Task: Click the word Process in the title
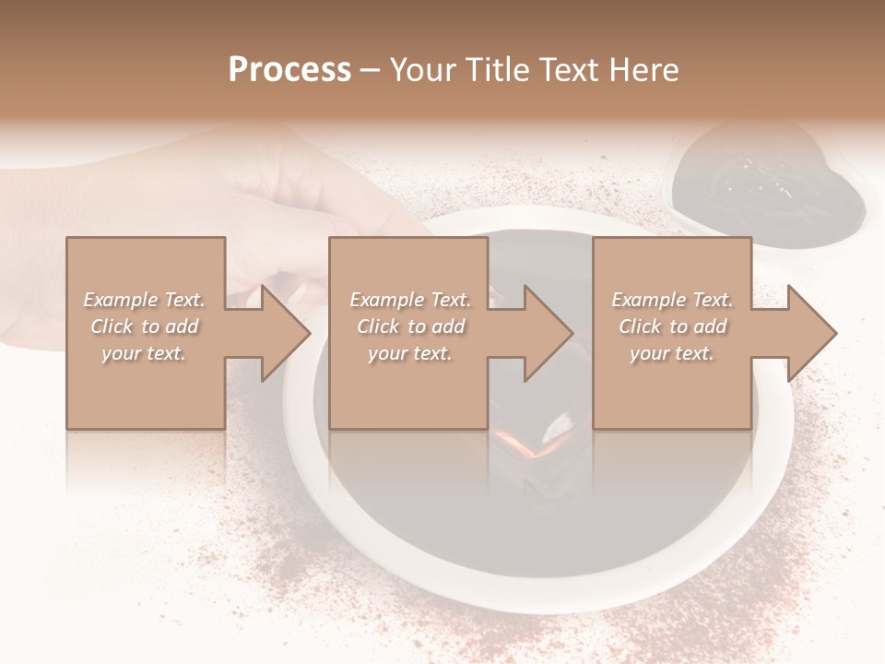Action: tap(289, 70)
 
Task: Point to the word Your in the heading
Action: tap(424, 70)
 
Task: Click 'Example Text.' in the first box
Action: tap(144, 300)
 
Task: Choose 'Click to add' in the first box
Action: tap(144, 326)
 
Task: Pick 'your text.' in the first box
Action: tap(144, 353)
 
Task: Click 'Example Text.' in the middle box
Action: tap(410, 300)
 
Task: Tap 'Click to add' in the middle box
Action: tap(410, 326)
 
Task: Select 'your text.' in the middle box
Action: tap(410, 353)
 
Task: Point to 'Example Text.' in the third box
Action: tap(672, 300)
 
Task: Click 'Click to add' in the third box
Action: tap(672, 326)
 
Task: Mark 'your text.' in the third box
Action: tap(672, 353)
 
